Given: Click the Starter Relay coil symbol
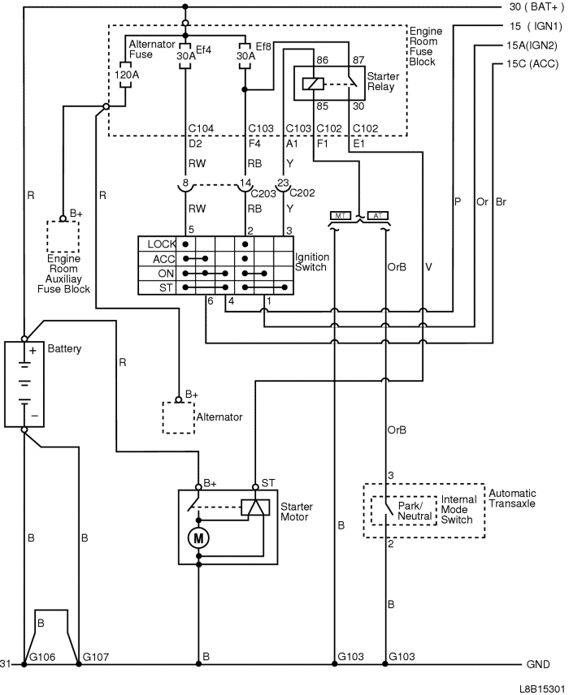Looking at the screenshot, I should click(311, 83).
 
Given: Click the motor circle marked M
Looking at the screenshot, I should click(198, 537).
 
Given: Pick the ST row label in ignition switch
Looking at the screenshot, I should click(165, 287).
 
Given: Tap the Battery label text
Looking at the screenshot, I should click(65, 348).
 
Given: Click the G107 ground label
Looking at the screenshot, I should click(97, 655).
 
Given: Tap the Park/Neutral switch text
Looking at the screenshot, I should click(415, 511).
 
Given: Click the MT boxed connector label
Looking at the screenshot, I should click(339, 215).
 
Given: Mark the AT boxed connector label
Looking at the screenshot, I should click(377, 215).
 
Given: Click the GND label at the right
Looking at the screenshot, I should click(538, 664).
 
